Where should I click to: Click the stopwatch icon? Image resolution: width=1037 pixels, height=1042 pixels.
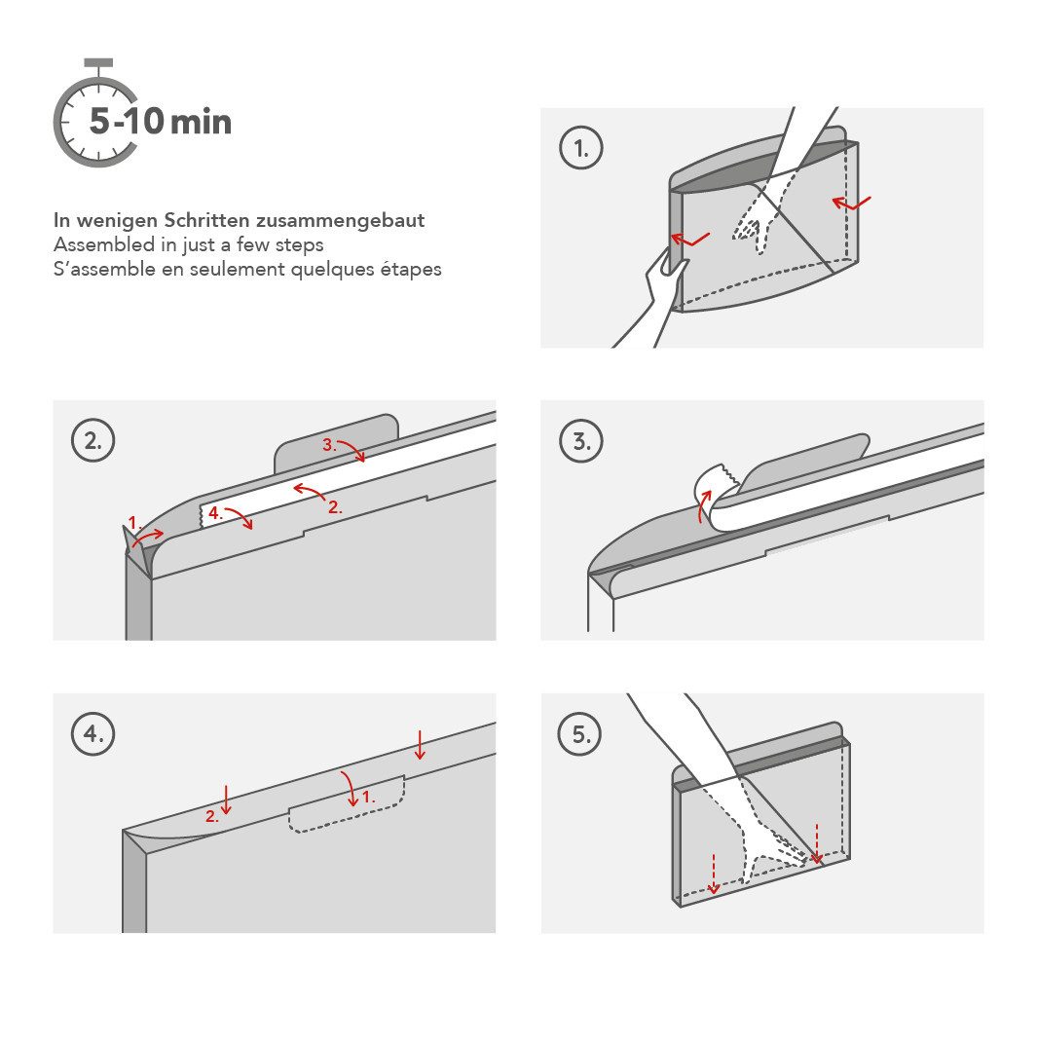tap(95, 116)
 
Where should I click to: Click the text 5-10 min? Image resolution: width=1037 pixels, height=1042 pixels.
tap(161, 122)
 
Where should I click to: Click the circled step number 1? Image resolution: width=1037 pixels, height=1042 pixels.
tap(580, 149)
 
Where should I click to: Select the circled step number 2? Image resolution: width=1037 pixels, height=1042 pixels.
tap(93, 441)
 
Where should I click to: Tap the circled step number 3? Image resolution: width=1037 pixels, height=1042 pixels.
tap(580, 441)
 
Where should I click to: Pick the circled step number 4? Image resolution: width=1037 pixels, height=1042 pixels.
tap(93, 734)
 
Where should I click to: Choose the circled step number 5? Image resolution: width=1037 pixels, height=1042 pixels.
tap(580, 734)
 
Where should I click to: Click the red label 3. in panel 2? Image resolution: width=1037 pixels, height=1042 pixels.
tap(329, 444)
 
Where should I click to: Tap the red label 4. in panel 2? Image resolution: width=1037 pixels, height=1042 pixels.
tap(213, 511)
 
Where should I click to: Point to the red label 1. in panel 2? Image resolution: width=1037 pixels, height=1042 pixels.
tap(135, 523)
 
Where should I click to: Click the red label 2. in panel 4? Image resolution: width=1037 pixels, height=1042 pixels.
tap(211, 817)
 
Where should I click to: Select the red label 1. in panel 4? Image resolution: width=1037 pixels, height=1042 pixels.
tap(368, 797)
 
